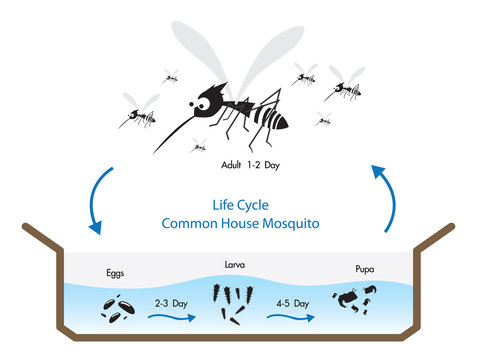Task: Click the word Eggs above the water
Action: [116, 271]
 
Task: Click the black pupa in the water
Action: [358, 298]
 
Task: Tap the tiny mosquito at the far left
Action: [137, 116]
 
